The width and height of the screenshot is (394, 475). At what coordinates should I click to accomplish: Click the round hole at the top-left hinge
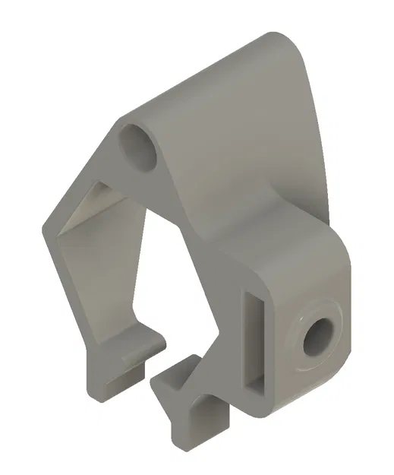[138, 145]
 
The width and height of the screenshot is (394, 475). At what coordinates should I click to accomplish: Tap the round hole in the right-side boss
[317, 337]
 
